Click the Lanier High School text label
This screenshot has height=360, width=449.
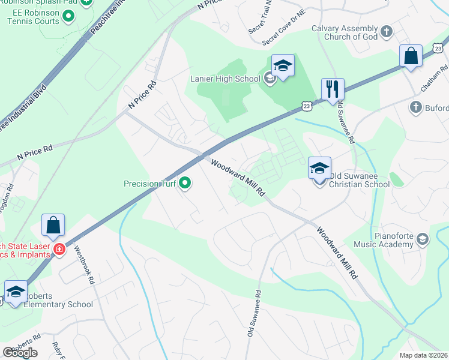(224, 77)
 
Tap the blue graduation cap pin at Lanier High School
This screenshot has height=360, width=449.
(283, 65)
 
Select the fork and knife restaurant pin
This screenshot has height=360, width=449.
(332, 90)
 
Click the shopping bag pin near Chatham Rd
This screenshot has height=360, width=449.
(412, 57)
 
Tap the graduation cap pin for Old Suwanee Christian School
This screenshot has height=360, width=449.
(319, 168)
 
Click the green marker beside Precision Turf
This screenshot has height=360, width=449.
(185, 184)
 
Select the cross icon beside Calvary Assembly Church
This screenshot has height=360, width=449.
(387, 31)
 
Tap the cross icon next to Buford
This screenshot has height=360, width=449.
(415, 107)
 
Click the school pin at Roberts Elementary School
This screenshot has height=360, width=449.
(16, 292)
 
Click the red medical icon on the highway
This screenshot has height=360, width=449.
(59, 250)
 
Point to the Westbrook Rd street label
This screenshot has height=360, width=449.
(85, 267)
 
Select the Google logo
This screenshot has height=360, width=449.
(20, 353)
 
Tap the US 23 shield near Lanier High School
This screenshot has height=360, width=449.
(307, 106)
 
